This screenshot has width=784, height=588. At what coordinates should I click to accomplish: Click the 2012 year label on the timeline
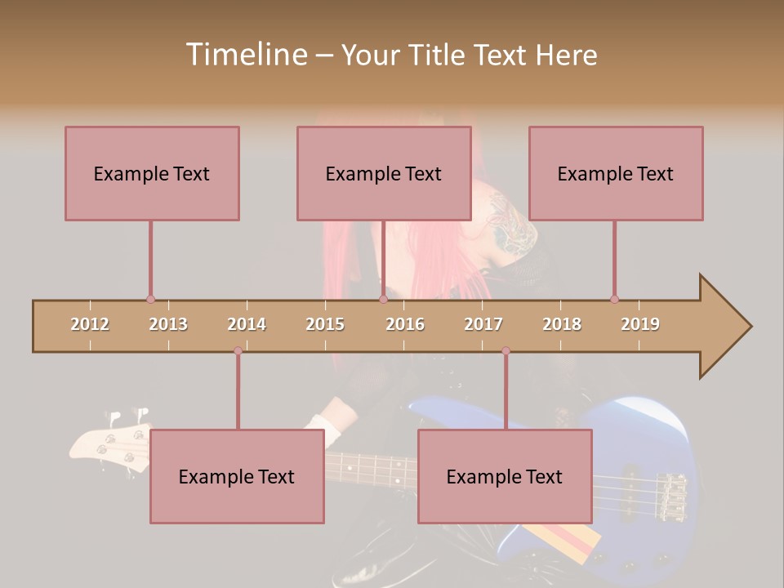pos(90,324)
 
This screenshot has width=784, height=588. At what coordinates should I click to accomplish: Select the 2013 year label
pos(168,324)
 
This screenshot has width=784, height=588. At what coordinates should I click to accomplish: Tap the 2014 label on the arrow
pos(247,324)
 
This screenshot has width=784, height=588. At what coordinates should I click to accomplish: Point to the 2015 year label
pos(325,324)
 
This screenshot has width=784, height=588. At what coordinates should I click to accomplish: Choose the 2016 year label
pos(405,324)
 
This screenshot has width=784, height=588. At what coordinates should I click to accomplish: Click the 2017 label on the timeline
pos(483,324)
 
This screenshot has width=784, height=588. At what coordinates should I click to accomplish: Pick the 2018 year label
pos(562,324)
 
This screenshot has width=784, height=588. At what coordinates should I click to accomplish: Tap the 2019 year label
pos(640,324)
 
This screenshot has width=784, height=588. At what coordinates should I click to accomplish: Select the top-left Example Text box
pos(152,173)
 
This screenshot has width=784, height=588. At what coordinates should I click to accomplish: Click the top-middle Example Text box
pos(384,173)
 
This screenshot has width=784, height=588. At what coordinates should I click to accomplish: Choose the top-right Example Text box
pos(616,173)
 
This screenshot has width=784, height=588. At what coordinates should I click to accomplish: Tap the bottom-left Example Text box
pos(237,476)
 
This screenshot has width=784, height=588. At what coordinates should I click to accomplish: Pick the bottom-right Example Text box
pos(505,476)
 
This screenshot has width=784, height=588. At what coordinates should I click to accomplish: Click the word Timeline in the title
pos(246,55)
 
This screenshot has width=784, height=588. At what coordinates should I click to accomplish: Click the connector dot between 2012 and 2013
pos(150,299)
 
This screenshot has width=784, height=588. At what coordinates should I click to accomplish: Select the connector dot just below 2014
pos(238,351)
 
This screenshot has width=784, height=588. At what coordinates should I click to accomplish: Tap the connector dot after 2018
pos(614,299)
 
